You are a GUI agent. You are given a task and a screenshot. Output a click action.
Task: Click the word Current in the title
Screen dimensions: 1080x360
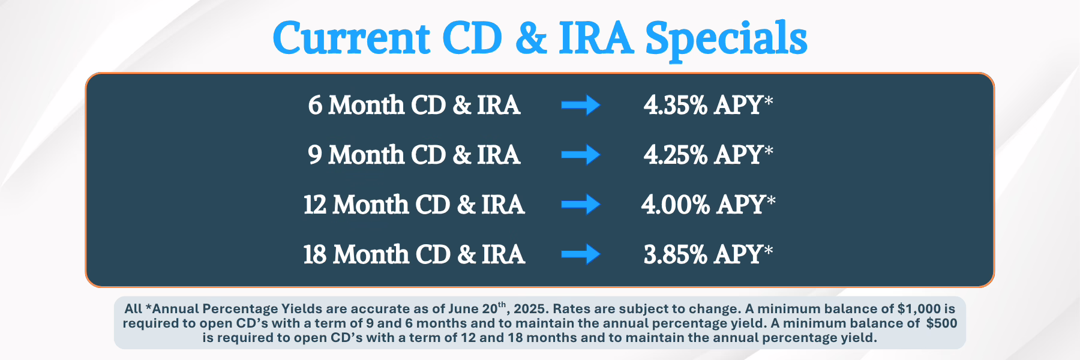[352, 38]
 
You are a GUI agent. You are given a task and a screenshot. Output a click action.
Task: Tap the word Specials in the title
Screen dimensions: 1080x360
[726, 40]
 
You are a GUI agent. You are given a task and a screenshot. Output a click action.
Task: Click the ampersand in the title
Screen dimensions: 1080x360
[531, 38]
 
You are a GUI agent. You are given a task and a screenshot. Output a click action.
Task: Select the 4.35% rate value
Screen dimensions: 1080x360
[676, 106]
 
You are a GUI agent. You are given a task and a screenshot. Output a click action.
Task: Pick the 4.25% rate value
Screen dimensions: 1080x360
[676, 155]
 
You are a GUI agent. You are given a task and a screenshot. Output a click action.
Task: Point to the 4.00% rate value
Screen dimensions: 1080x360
[676, 205]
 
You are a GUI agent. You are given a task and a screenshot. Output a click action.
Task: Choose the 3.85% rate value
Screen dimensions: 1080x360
[676, 255]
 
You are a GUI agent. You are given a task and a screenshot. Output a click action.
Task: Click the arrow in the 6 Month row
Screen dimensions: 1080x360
[581, 105]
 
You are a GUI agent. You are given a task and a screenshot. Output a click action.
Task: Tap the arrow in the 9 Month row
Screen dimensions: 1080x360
[581, 155]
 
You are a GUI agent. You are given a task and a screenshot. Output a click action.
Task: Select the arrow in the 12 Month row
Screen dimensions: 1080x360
[581, 205]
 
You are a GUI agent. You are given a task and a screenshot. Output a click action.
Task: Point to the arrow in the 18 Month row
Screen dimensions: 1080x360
[581, 254]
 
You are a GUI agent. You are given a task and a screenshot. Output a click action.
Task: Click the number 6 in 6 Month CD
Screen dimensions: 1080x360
[315, 106]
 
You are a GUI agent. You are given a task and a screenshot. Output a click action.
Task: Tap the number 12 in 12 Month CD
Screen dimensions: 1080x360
[314, 205]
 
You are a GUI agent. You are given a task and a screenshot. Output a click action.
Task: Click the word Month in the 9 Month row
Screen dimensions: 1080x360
[367, 155]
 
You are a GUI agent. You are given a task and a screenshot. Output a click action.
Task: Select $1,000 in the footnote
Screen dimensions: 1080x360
[919, 309]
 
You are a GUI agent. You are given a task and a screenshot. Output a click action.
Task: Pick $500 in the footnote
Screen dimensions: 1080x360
[942, 323]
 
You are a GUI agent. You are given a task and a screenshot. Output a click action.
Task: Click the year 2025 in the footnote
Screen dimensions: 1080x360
[531, 309]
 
